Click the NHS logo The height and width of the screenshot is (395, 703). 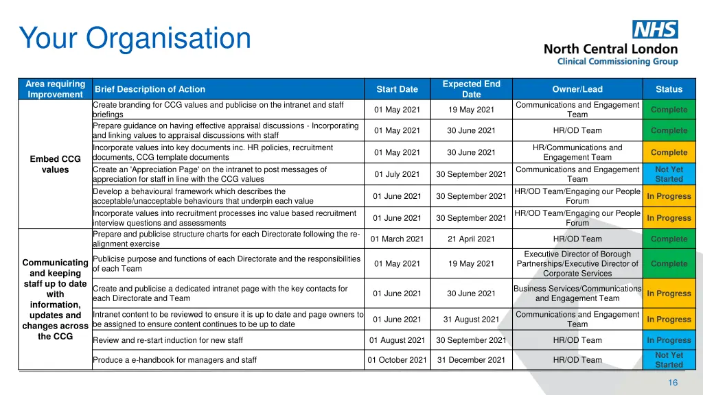[x=655, y=29]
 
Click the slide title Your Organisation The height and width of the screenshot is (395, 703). [x=135, y=38]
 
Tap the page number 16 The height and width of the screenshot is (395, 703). [x=673, y=383]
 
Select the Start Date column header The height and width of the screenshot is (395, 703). [x=397, y=89]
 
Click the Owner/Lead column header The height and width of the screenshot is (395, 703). [x=577, y=89]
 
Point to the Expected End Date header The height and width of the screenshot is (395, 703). [x=471, y=89]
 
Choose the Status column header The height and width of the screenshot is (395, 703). [x=669, y=89]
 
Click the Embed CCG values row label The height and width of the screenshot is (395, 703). [x=55, y=165]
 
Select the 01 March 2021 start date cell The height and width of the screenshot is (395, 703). [x=397, y=239]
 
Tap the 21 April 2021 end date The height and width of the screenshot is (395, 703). [x=471, y=239]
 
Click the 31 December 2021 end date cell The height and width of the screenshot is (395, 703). [x=471, y=360]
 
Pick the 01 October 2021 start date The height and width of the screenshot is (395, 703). [x=397, y=360]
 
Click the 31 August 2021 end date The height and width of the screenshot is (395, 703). [x=471, y=320]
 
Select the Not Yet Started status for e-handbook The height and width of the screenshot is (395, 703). [x=669, y=360]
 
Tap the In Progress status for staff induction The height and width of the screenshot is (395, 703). [x=669, y=340]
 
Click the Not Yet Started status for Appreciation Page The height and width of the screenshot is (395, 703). [x=669, y=174]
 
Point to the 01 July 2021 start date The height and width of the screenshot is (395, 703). [x=397, y=174]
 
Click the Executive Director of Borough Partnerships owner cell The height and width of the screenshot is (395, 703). [x=577, y=264]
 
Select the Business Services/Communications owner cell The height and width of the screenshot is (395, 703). [x=577, y=294]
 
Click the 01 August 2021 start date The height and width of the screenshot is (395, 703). [x=397, y=340]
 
